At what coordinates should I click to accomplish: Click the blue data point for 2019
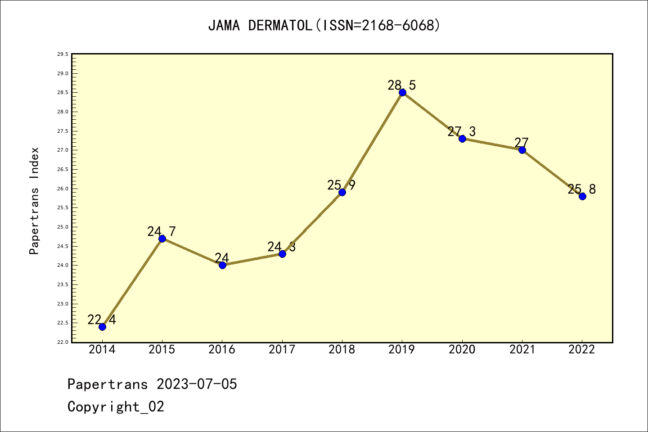402,93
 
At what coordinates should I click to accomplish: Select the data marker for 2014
102,327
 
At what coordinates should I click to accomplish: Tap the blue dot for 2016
222,265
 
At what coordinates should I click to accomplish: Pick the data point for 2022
582,196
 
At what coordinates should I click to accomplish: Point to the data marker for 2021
522,150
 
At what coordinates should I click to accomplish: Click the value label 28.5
402,85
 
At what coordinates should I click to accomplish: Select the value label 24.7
162,231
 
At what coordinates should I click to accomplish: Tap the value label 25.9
342,185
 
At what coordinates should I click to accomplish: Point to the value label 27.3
462,131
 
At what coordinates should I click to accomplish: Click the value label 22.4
102,319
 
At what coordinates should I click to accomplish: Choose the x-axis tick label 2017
282,350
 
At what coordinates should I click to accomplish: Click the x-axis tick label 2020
462,350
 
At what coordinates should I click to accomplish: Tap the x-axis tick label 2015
162,350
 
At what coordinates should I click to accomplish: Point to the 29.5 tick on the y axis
63,54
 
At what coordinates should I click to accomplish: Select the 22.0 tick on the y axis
63,342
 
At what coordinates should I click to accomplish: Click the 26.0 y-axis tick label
63,189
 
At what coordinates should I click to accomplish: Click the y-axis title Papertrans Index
34,201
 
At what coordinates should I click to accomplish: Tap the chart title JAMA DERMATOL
260,26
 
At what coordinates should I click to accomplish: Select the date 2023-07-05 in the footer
197,384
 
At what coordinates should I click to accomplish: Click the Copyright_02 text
116,407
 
